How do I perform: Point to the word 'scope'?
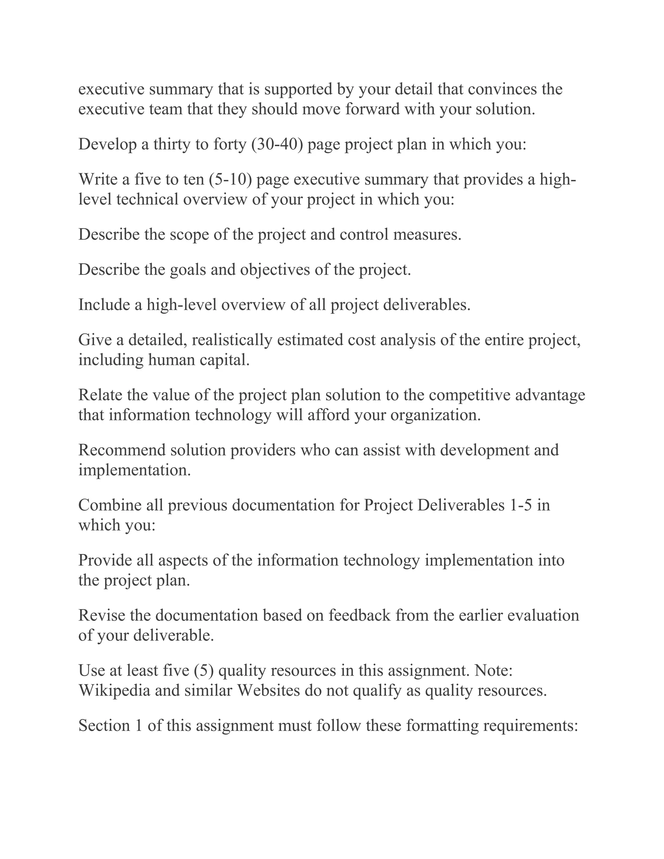click(x=189, y=234)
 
